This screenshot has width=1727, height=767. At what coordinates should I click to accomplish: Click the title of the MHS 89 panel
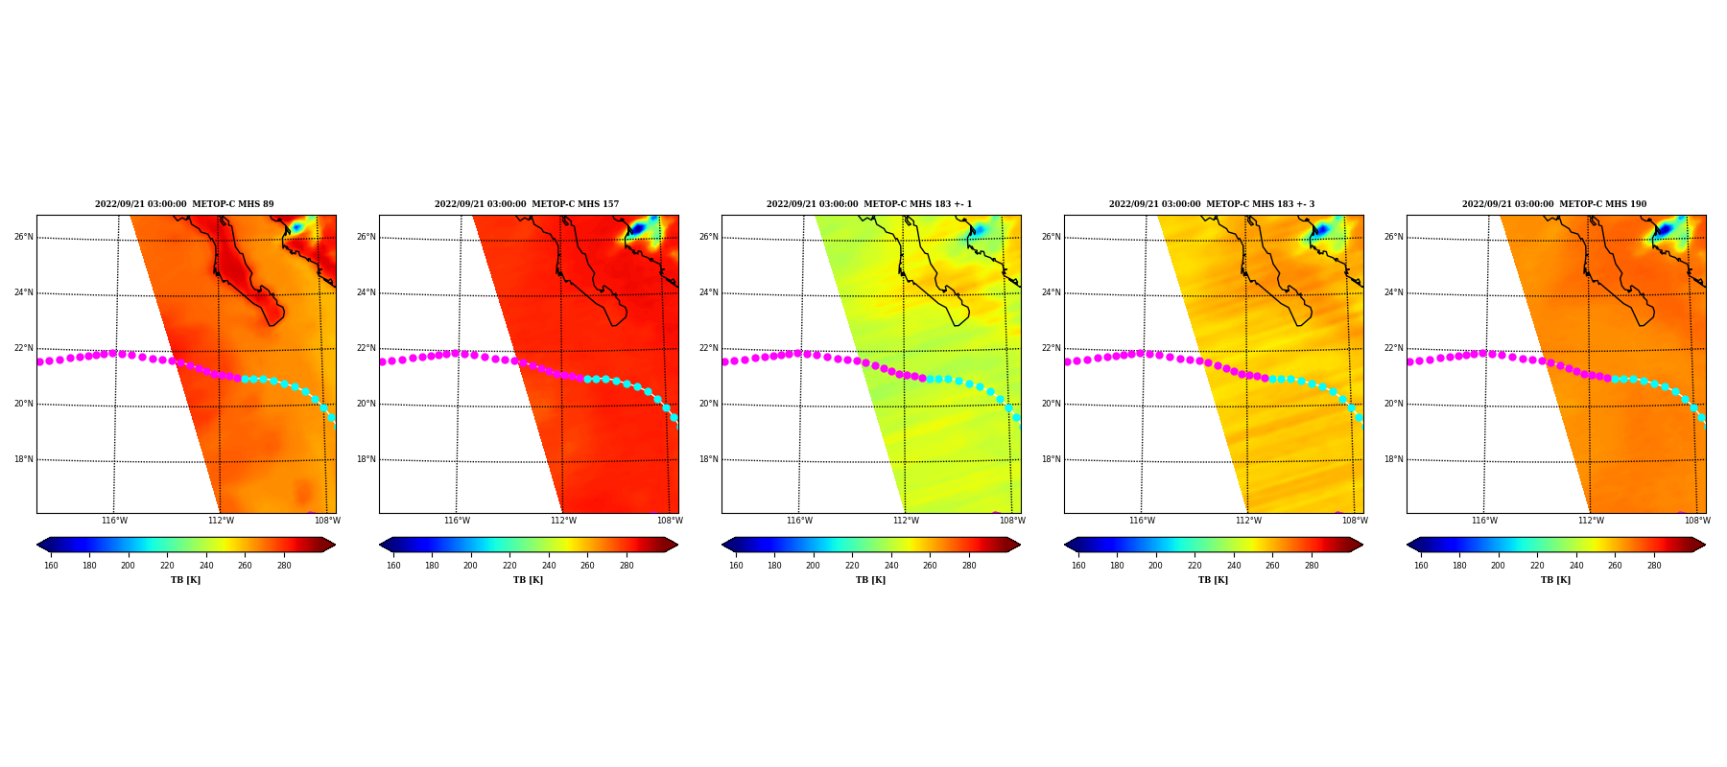tap(184, 204)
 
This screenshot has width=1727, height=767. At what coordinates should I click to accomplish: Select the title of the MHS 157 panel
tap(527, 204)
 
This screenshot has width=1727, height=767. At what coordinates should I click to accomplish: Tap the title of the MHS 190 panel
tap(1554, 204)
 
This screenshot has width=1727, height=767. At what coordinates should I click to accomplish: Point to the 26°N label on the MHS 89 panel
tap(24, 238)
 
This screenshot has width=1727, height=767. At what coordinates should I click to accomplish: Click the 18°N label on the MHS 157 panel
tap(367, 460)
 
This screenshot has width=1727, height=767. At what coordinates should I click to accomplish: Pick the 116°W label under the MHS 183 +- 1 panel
tap(799, 522)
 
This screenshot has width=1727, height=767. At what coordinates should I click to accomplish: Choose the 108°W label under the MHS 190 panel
tap(1697, 522)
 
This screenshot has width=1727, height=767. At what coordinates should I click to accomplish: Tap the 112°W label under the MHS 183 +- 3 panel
tap(1248, 522)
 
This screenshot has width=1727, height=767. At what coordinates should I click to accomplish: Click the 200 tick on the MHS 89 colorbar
tap(128, 566)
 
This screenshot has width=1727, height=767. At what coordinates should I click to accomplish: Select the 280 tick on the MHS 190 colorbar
tap(1654, 566)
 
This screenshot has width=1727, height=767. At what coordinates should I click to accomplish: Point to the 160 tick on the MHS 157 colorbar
tap(393, 566)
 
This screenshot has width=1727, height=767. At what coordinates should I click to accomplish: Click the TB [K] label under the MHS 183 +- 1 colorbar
tap(871, 580)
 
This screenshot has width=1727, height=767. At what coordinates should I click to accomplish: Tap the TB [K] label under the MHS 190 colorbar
tap(1556, 580)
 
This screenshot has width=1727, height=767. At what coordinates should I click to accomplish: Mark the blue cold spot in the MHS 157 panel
tap(637, 228)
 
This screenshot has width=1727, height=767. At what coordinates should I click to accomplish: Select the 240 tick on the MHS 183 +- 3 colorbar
tap(1234, 566)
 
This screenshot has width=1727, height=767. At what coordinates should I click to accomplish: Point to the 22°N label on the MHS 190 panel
tap(1394, 349)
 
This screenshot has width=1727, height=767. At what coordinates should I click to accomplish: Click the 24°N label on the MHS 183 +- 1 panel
tap(709, 293)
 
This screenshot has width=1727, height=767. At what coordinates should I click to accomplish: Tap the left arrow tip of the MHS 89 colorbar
tap(37, 545)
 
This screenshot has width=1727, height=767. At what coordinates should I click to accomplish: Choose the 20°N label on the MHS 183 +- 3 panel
tap(1052, 405)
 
